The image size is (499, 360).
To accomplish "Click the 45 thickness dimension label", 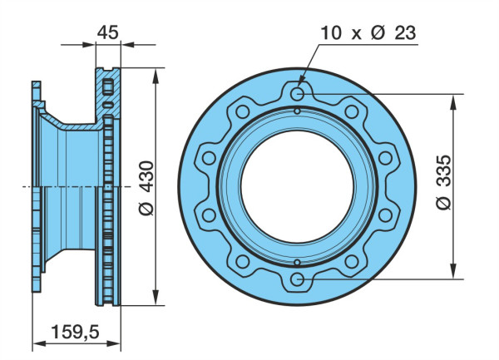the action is tap(107, 32).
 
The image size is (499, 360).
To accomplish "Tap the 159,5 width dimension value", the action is tap(75, 332).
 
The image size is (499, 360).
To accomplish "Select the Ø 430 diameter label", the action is tap(146, 188).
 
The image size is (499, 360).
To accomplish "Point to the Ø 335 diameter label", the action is tap(443, 182).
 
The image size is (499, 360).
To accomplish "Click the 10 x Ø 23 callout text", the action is tap(368, 32).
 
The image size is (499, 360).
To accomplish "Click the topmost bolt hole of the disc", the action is tap(297, 94).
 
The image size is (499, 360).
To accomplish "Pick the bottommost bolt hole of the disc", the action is tap(297, 280).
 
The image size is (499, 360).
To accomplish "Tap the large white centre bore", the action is tap(297, 187).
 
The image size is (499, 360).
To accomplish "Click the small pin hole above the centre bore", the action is tap(297, 111).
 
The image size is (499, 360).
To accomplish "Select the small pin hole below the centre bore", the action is tap(297, 263).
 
